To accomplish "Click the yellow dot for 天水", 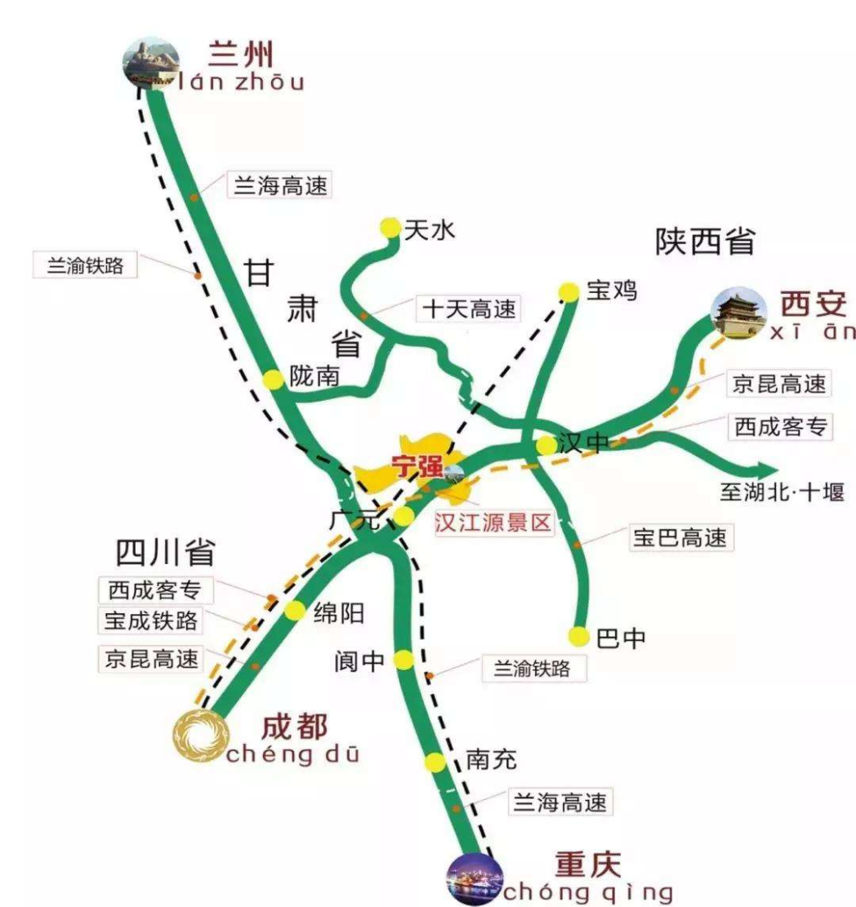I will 390,228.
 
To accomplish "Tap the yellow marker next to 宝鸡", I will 568,291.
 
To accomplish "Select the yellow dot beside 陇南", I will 273,379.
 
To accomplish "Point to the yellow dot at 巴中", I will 579,636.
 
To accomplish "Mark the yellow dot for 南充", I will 435,763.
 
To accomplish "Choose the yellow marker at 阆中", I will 403,660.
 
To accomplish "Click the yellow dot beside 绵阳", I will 294,611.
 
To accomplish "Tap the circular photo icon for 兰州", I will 152,62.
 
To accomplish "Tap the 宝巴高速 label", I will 679,537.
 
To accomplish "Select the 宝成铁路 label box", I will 151,620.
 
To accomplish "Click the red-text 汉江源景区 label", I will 493,523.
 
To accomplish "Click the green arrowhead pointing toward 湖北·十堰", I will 765,469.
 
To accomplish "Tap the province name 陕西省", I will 705,242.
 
